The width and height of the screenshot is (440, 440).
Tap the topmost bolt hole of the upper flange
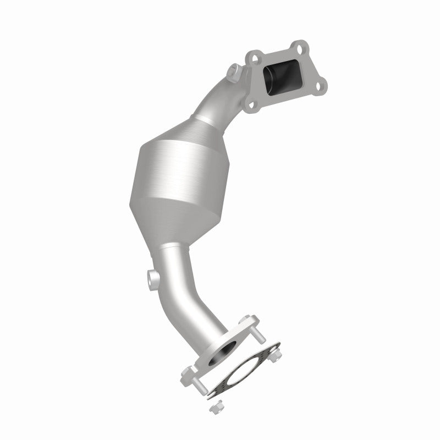pos(298,46)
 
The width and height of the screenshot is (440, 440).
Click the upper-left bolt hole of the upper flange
pos(254,57)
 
